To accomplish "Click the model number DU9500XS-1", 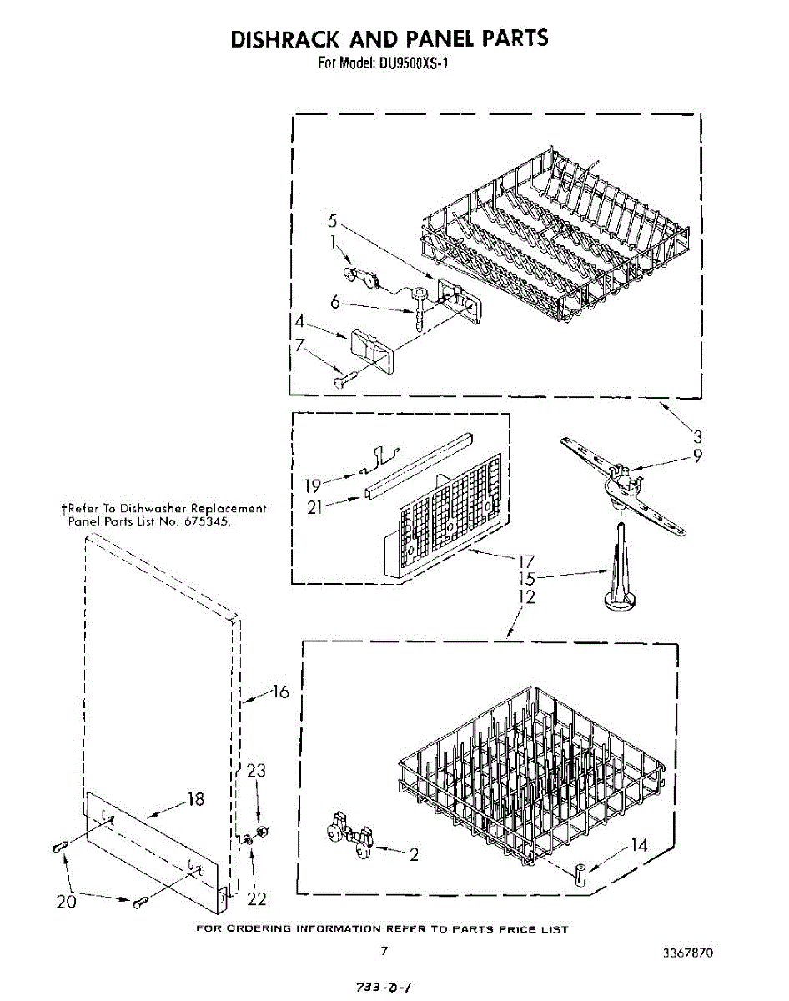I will click(x=413, y=63).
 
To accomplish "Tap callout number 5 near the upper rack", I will click(x=332, y=222).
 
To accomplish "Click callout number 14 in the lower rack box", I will click(x=638, y=845).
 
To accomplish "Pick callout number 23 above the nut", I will click(x=256, y=771).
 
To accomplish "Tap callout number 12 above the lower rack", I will click(x=525, y=597).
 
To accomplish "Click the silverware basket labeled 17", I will click(x=446, y=521).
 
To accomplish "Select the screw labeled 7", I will click(x=344, y=380).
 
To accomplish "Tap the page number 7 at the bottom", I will click(x=384, y=950).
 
